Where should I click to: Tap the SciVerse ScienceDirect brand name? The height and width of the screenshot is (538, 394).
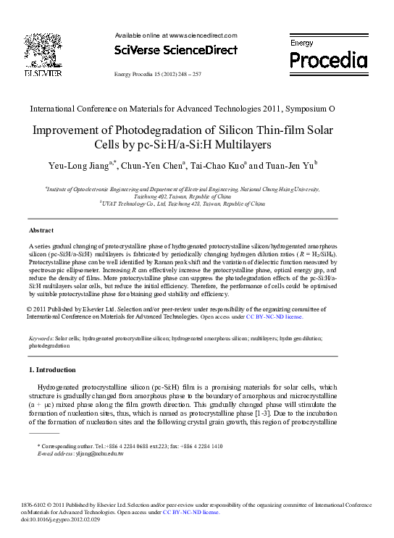point(176,51)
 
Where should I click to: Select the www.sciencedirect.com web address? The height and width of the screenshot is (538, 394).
point(203,35)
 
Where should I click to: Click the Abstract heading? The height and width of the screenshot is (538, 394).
point(41,230)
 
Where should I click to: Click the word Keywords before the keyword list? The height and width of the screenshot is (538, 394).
point(40,338)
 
